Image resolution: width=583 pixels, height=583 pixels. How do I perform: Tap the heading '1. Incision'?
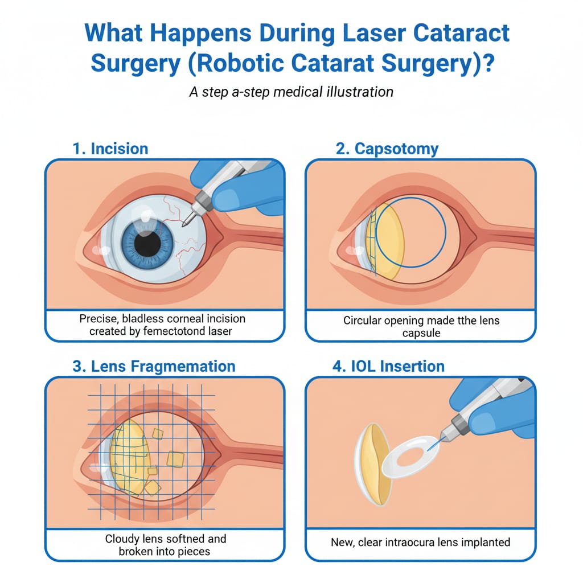tap(110, 149)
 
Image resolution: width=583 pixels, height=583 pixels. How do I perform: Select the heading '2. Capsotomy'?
tap(388, 149)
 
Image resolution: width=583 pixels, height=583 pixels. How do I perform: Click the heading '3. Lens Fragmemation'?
tap(154, 366)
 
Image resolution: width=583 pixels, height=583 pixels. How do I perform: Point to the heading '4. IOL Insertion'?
tap(388, 366)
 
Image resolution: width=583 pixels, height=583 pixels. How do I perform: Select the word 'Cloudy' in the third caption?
tap(123, 539)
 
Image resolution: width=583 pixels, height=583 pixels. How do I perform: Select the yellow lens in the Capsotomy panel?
tap(389, 242)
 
